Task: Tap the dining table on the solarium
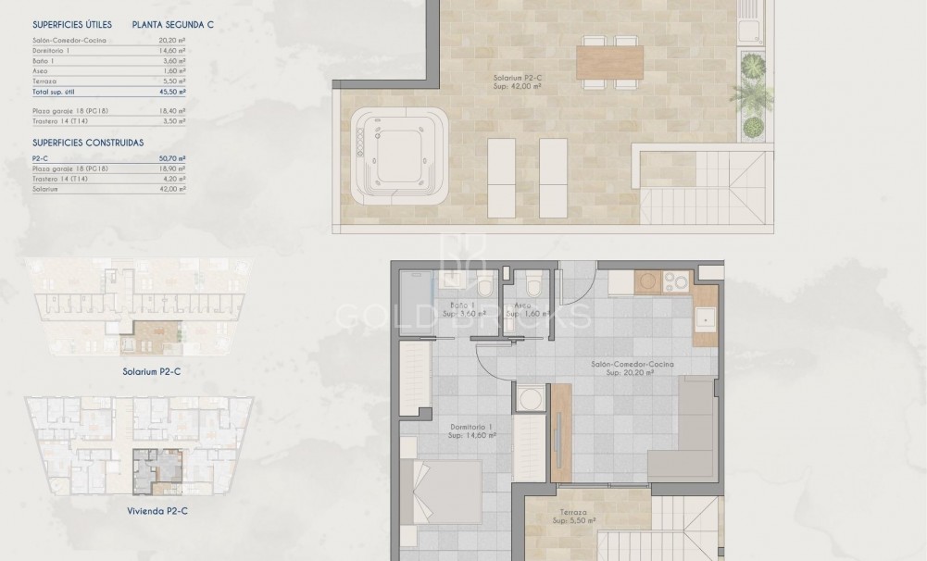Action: tap(609, 62)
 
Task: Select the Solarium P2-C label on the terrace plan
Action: tap(518, 81)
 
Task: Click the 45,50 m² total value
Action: tap(173, 93)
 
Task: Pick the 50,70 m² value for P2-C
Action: tap(173, 159)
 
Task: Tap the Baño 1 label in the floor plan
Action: tap(463, 305)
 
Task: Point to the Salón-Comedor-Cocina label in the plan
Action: tap(633, 365)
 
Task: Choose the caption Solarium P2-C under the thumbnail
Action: tap(149, 372)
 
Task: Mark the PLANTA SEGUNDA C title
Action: tap(172, 25)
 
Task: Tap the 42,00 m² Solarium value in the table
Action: tap(173, 189)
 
